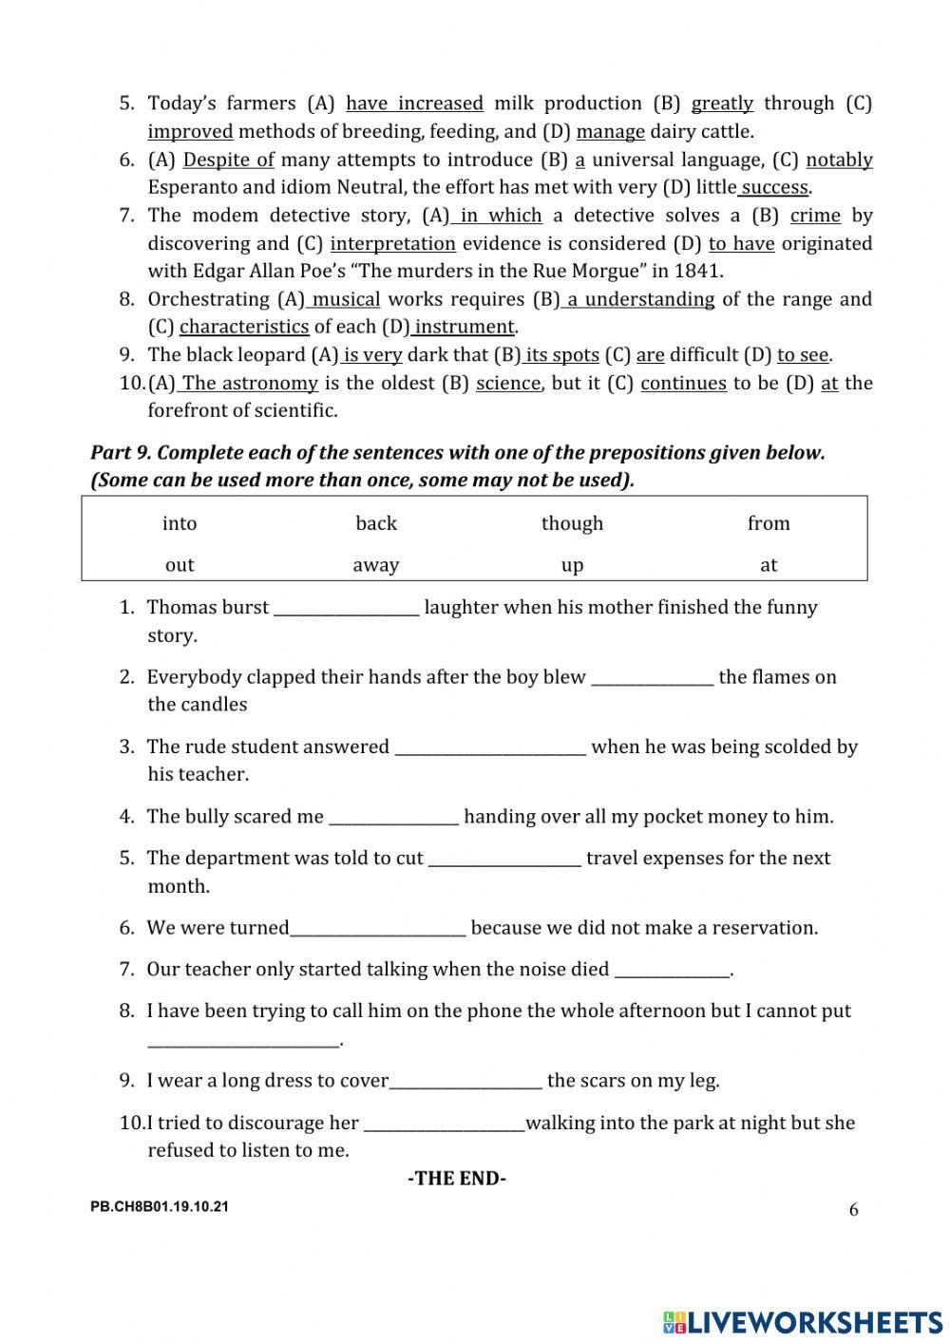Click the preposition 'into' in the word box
coord(180,523)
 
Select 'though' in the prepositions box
coord(572,523)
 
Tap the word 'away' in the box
coord(375,565)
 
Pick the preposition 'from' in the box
coord(769,523)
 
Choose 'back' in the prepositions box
coord(375,523)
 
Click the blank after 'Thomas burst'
coord(346,610)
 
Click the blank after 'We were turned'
coord(377,930)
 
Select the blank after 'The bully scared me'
coord(393,819)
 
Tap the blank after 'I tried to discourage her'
coord(444,1125)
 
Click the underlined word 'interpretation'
coord(392,244)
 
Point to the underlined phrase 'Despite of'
coord(228,160)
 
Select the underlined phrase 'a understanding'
coord(639,299)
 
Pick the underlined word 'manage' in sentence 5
coord(610,131)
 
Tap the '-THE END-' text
coord(457,1179)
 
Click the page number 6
coord(853,1209)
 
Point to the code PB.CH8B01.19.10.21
coord(160,1207)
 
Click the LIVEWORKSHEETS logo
coord(803,1321)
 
